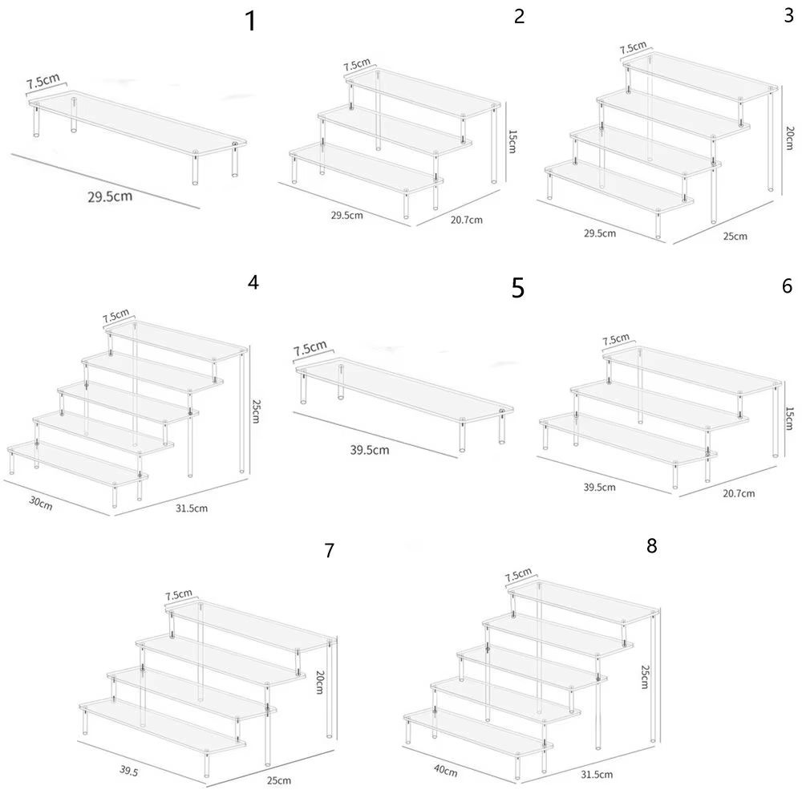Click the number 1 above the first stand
coord(251,21)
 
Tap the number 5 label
coord(518,288)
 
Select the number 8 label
coord(651,546)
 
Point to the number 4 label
coord(254,282)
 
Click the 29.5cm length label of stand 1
coord(110,197)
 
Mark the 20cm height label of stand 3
coord(790,137)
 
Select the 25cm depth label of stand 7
coord(280,780)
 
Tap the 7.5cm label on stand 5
coord(310,349)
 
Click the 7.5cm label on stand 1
coord(43,82)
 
